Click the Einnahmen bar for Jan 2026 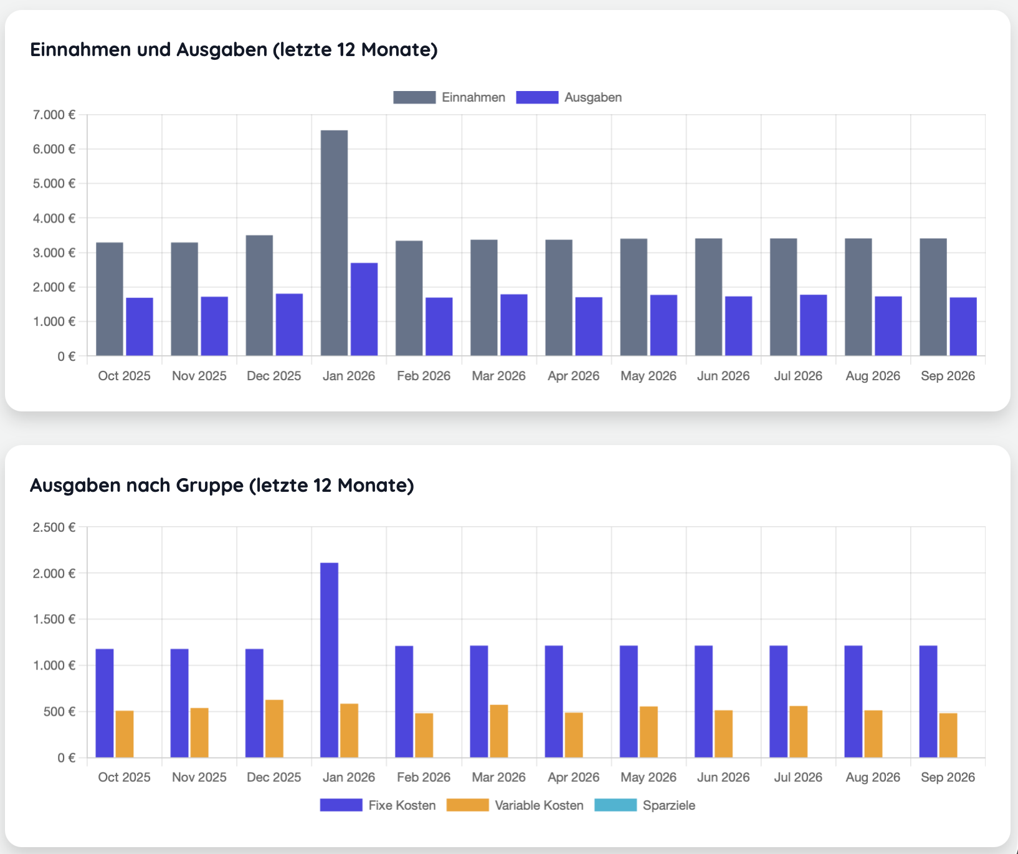tap(334, 243)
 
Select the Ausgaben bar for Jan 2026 tap(364, 309)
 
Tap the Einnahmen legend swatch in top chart tap(414, 97)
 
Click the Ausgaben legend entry tap(569, 97)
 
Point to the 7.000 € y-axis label tap(55, 115)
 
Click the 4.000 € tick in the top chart tap(55, 218)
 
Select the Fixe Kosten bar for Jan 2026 tap(330, 660)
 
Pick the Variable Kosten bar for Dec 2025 tap(274, 729)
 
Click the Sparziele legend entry tap(645, 805)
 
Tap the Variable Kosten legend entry tap(515, 805)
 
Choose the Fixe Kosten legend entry tap(378, 805)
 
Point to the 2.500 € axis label tap(55, 527)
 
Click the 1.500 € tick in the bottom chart tap(55, 619)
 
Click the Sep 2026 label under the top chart tap(948, 376)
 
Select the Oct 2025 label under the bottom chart tap(125, 777)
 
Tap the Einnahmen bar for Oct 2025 tap(110, 299)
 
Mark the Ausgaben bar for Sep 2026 tap(963, 327)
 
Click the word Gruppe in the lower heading tap(210, 485)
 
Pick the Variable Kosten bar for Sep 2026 tap(948, 736)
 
